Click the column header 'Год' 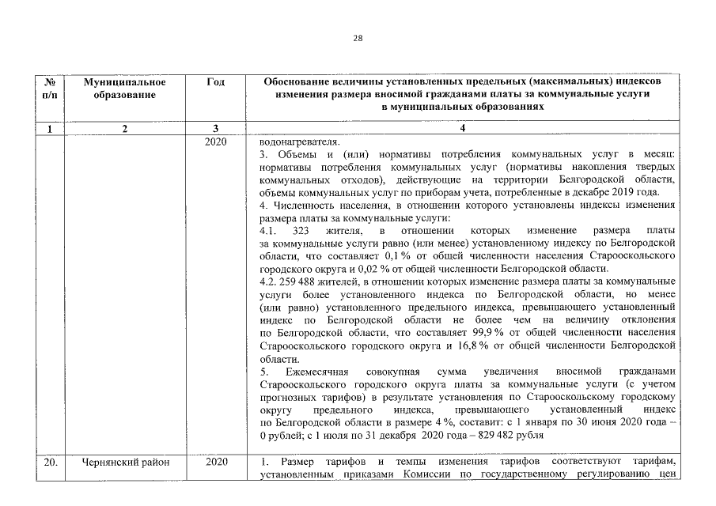pyautogui.click(x=214, y=82)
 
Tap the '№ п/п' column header pyautogui.click(x=50, y=89)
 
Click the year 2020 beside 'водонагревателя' pyautogui.click(x=215, y=142)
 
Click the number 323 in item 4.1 pyautogui.click(x=300, y=231)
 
